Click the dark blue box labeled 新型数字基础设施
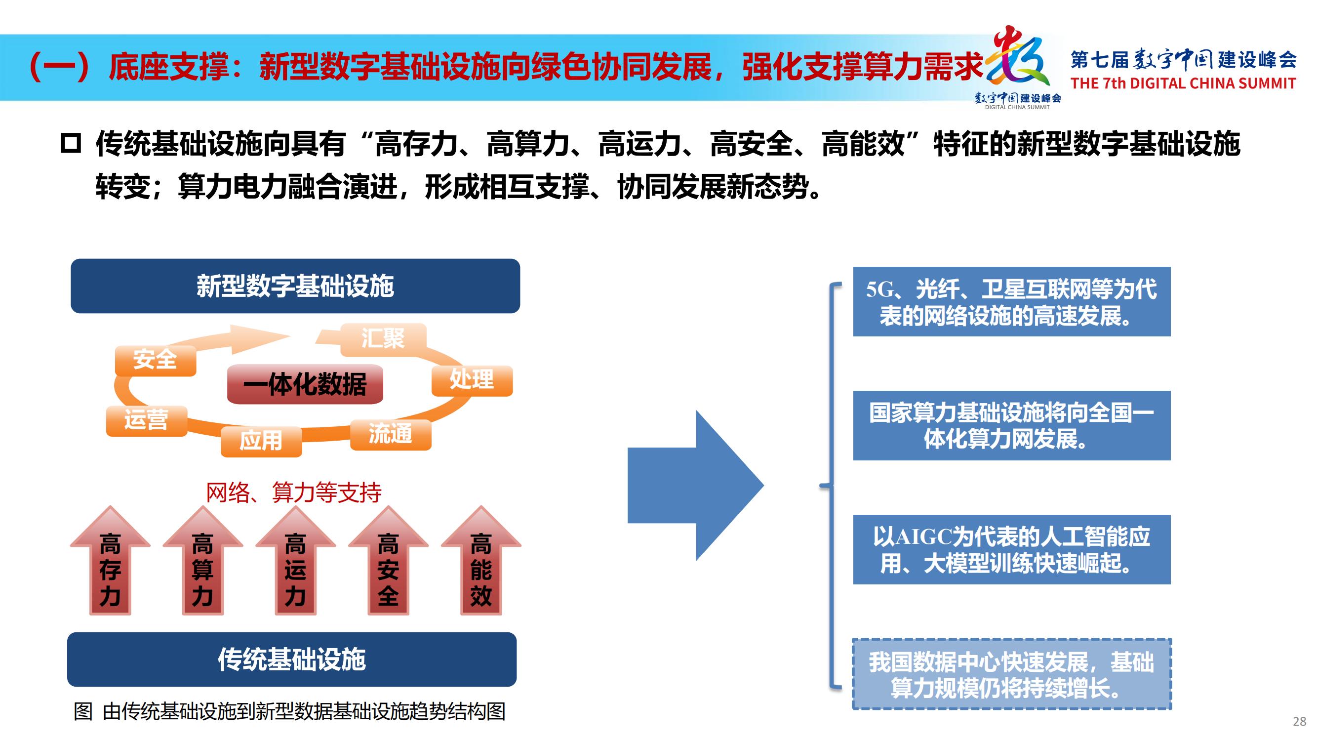tap(295, 286)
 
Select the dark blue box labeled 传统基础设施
tap(291, 659)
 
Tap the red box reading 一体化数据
tap(305, 384)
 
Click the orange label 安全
tap(156, 360)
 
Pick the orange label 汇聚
tap(383, 338)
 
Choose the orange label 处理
tap(472, 380)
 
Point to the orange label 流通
tap(391, 435)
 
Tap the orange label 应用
tap(261, 441)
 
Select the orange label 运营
tap(147, 421)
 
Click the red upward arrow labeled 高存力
tap(111, 561)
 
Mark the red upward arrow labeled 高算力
tap(203, 561)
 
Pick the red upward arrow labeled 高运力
tap(295, 561)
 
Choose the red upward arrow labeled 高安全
tap(389, 561)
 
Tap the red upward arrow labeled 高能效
tap(481, 561)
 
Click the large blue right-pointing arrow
tap(696, 485)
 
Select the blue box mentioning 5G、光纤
tap(1012, 302)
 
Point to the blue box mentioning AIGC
tap(1012, 550)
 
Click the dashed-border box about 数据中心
tap(1012, 674)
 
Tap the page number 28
tap(1300, 722)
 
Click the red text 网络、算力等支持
tap(293, 493)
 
